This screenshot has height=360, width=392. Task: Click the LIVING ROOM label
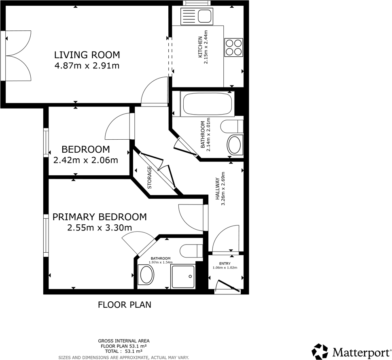[x=87, y=55]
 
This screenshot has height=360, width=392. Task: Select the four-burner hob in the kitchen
[x=233, y=46]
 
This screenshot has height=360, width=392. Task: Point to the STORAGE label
[x=149, y=178]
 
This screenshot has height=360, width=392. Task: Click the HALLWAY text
[x=217, y=189]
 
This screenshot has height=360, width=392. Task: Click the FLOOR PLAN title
[x=125, y=305]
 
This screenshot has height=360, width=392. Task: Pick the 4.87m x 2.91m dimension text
[x=87, y=66]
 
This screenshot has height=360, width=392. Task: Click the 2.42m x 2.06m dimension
[x=85, y=160]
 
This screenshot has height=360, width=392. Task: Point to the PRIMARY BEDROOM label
[x=100, y=217]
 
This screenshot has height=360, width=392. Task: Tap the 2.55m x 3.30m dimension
[x=100, y=228]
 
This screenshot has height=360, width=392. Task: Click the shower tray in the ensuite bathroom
[x=183, y=277]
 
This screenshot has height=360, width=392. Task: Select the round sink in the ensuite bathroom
[x=146, y=275]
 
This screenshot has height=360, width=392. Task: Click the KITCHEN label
[x=200, y=47]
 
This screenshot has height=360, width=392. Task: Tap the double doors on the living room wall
[x=18, y=56]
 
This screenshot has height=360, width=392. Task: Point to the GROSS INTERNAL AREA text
[x=123, y=341]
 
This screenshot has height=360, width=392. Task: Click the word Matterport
[x=361, y=351]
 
